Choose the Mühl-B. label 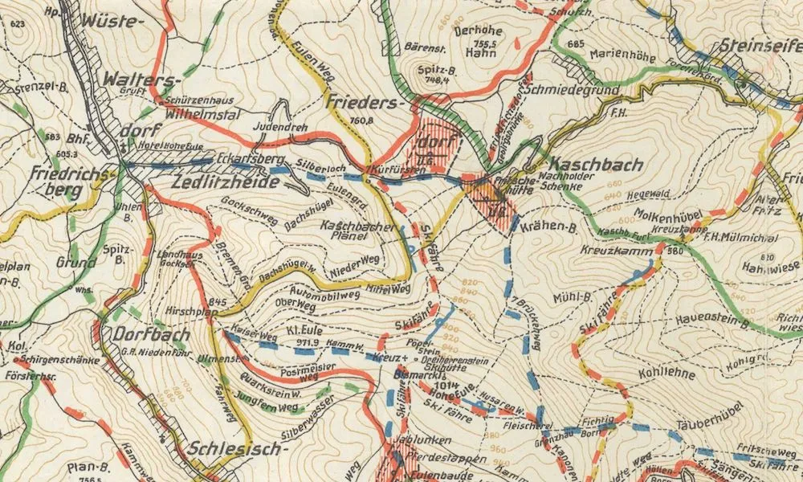point(572,298)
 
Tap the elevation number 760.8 point(363,121)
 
